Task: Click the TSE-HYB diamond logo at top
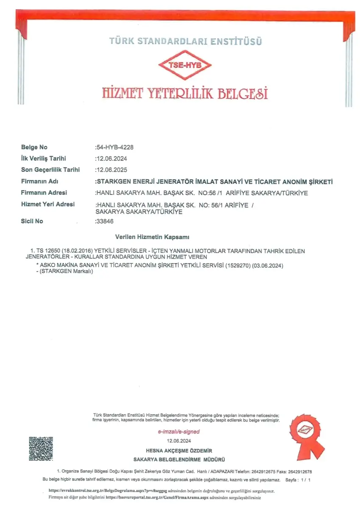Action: click(x=185, y=64)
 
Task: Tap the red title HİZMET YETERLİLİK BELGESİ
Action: click(x=185, y=93)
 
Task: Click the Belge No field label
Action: click(x=34, y=148)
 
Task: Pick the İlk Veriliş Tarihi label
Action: click(x=44, y=159)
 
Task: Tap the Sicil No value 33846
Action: click(x=105, y=221)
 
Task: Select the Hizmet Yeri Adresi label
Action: click(x=48, y=204)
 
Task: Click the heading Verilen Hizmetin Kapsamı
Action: click(x=155, y=237)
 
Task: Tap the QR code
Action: click(x=41, y=449)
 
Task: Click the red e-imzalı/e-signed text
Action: click(x=179, y=432)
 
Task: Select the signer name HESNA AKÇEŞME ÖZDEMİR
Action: click(x=179, y=451)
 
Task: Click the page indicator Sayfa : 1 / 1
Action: click(x=299, y=480)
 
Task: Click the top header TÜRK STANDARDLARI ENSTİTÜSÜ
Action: click(x=186, y=42)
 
